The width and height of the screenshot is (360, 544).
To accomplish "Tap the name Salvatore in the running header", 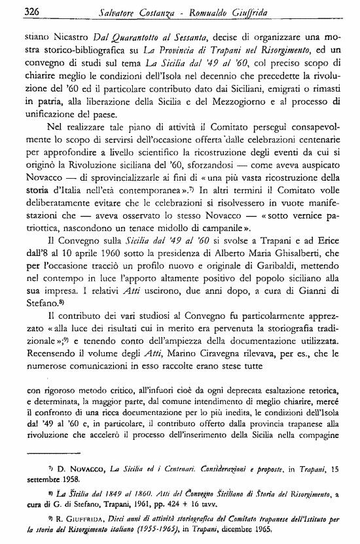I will (x=137, y=12).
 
